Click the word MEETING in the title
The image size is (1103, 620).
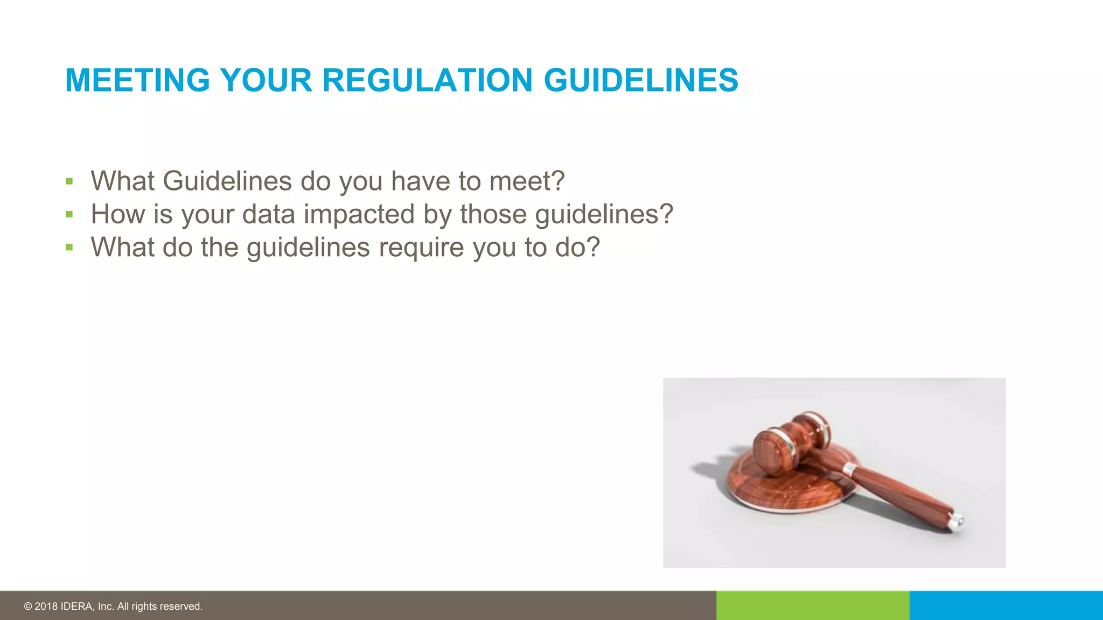point(137,80)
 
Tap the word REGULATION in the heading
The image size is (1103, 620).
point(427,80)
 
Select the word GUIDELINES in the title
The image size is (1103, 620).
point(641,80)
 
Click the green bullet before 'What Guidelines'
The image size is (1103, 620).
point(69,181)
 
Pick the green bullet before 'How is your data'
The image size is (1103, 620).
point(69,215)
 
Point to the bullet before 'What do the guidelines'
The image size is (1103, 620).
point(69,248)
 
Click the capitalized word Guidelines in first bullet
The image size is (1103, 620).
point(227,181)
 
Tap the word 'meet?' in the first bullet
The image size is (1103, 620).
point(527,181)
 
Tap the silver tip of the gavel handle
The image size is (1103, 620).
point(958,521)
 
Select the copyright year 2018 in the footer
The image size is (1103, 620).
point(46,607)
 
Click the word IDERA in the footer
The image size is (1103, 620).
point(76,607)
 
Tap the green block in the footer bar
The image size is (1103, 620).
point(813,605)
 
